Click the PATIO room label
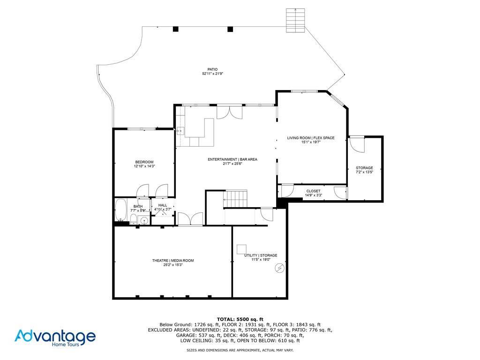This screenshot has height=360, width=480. (212, 69)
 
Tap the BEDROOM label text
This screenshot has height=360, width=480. (144, 162)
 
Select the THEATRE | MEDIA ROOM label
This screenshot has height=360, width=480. (172, 261)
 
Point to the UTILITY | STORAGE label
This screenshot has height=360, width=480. (261, 255)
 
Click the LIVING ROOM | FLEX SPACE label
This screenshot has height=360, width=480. (311, 138)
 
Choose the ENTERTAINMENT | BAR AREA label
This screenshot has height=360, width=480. (232, 159)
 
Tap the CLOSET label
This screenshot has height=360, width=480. (313, 191)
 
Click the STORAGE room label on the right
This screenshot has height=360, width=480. (364, 168)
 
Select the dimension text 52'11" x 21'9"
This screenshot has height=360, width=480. (212, 74)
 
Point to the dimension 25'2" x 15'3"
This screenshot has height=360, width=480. (172, 265)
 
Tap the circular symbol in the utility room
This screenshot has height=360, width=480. (280, 268)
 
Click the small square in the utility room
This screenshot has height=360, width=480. (242, 249)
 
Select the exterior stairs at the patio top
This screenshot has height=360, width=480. (295, 20)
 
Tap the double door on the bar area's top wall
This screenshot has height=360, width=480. (230, 112)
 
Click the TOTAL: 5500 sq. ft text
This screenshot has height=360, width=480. (240, 319)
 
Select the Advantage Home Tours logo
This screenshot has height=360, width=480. (55, 337)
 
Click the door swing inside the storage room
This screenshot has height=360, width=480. (357, 144)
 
